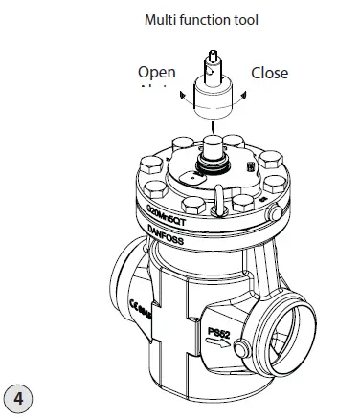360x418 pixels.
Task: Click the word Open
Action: [157, 73]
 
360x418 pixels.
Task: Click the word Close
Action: [269, 73]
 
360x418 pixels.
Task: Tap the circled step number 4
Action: [20, 394]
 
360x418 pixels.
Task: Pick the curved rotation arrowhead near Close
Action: [246, 93]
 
